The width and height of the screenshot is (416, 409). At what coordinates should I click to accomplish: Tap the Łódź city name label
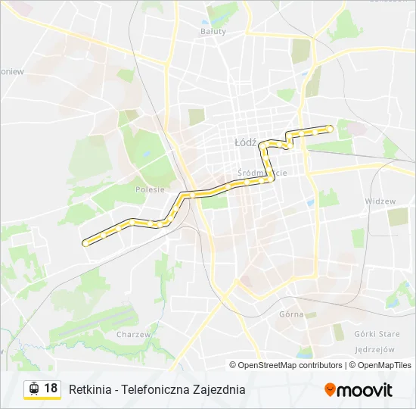(246, 142)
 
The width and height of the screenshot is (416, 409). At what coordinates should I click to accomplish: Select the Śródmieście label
(262, 173)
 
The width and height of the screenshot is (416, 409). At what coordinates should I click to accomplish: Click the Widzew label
(380, 201)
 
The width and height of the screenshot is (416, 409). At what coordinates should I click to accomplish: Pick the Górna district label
(290, 314)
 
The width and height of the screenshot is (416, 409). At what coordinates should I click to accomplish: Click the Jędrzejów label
(374, 349)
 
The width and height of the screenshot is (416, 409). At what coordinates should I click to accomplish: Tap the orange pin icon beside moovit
(330, 390)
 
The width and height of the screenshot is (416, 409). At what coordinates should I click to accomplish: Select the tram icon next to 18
(33, 389)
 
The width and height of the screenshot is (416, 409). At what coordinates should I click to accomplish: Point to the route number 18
(50, 389)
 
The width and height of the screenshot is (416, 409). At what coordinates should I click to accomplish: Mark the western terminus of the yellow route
(85, 243)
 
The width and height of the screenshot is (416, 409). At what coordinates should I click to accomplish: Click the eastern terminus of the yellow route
(330, 128)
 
